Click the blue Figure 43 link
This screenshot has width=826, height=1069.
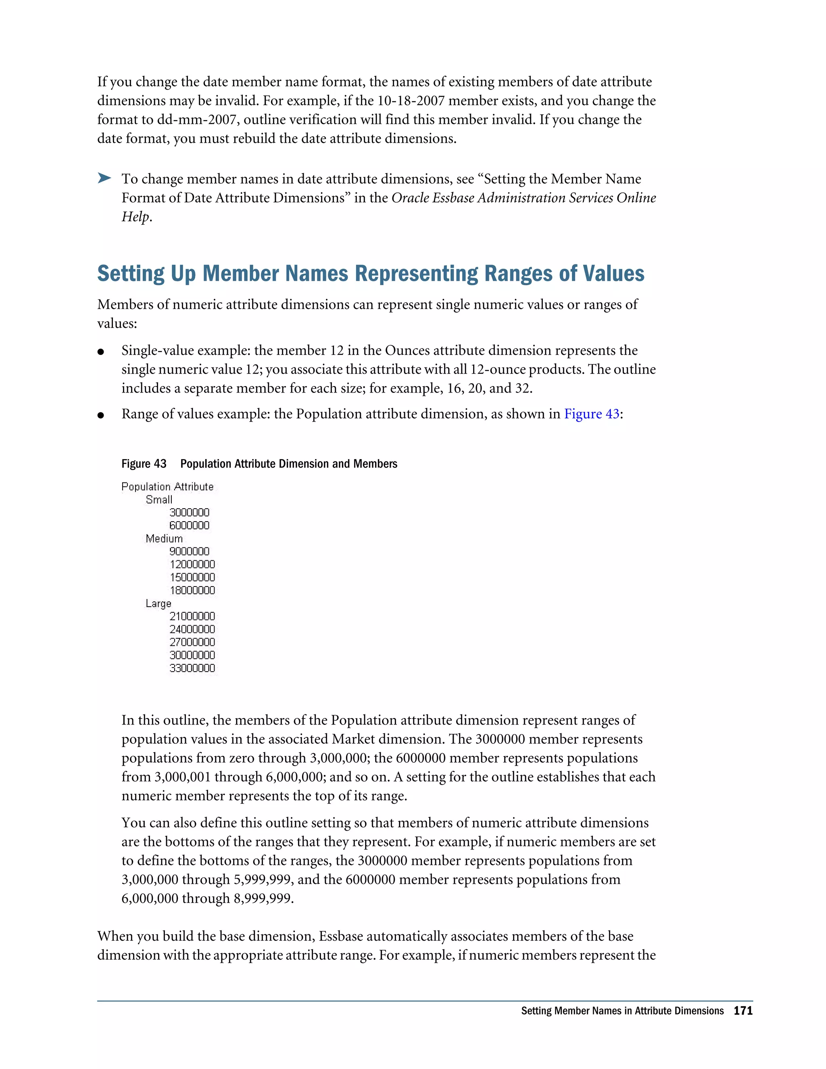[591, 414]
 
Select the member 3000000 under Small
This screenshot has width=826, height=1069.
[190, 512]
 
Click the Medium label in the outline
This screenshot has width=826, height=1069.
[164, 539]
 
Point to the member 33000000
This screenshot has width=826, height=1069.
[192, 668]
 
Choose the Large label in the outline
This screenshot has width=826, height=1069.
[158, 603]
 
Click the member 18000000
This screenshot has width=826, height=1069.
[192, 590]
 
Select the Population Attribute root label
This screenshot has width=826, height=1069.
[167, 486]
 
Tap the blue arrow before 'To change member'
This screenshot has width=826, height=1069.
[104, 178]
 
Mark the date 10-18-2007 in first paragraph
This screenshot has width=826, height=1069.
[411, 101]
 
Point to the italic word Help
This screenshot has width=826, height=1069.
[135, 217]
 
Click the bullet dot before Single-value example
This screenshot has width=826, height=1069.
[101, 351]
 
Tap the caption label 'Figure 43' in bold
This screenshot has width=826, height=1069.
[144, 464]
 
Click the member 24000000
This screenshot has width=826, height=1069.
[192, 629]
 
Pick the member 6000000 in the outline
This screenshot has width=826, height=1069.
[190, 526]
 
